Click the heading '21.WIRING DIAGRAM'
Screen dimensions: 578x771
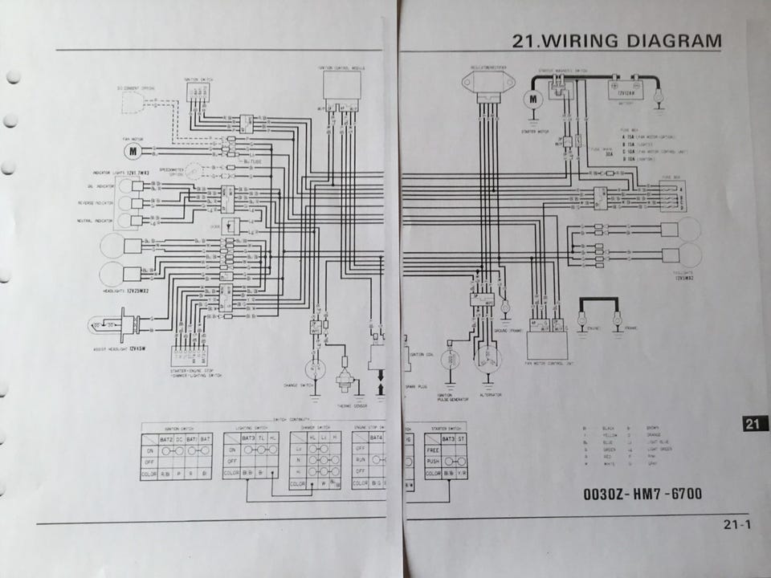pyautogui.click(x=617, y=41)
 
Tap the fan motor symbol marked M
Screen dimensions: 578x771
pyautogui.click(x=134, y=150)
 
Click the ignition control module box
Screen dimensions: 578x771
pyautogui.click(x=341, y=83)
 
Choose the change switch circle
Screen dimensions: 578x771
pyautogui.click(x=315, y=369)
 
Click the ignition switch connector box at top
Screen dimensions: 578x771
pyautogui.click(x=198, y=92)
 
